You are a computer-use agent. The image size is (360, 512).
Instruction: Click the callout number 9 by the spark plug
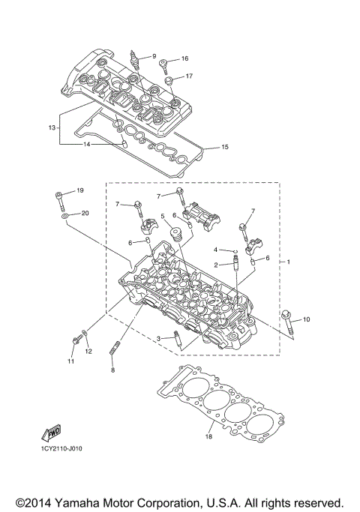tap(153, 56)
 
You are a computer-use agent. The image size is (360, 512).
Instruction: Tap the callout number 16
tap(184, 58)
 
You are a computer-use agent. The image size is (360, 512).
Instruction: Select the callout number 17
tap(189, 76)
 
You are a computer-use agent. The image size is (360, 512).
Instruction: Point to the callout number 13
tap(52, 128)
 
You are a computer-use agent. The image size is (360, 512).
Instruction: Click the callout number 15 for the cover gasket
tap(224, 148)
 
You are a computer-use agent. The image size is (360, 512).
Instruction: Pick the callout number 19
tap(80, 190)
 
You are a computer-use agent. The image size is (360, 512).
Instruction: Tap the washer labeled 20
tap(65, 216)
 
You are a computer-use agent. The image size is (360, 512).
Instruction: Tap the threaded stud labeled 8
tap(115, 349)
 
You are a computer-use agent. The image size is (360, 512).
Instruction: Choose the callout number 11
tap(71, 362)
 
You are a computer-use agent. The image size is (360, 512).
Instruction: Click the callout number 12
tap(88, 351)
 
